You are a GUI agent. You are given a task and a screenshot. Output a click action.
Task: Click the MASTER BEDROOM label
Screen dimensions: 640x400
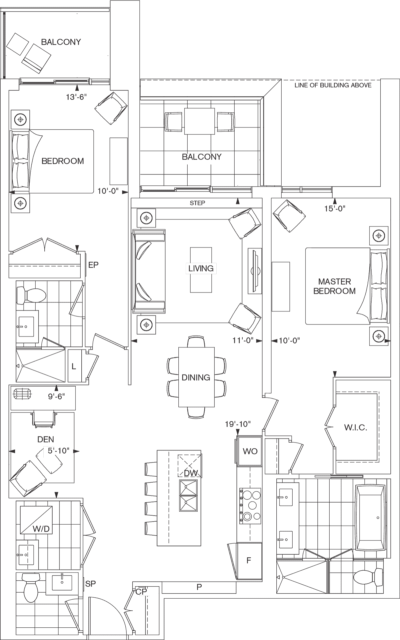tap(334, 286)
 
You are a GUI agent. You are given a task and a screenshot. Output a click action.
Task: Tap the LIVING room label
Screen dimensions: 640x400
tap(201, 268)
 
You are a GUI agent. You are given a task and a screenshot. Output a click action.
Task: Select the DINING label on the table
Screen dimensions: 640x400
tap(196, 377)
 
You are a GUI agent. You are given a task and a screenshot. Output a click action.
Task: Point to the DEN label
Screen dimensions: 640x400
tap(46, 439)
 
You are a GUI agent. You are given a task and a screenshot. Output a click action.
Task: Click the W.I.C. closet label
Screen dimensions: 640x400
tap(356, 428)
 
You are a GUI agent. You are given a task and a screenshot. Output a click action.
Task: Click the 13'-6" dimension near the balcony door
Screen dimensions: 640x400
tap(76, 97)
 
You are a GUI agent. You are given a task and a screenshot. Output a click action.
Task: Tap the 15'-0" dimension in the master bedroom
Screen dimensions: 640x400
tap(335, 208)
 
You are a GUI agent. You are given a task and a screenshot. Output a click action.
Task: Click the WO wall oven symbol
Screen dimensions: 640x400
tap(250, 451)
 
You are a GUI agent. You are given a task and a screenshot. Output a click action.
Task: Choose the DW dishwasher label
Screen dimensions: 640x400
tap(191, 473)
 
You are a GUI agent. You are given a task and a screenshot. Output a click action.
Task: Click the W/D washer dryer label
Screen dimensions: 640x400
tap(41, 529)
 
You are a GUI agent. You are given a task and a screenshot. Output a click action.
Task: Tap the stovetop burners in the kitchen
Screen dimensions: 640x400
tap(250, 505)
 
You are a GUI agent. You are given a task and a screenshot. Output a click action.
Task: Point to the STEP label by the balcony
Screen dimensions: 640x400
tap(197, 203)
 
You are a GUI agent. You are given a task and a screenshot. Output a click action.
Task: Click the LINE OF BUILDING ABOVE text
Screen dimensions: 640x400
tap(333, 85)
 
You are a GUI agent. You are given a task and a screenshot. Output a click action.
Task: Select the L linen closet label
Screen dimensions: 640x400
tap(74, 367)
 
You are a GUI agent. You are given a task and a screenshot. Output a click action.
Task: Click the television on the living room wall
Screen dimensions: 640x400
tap(255, 271)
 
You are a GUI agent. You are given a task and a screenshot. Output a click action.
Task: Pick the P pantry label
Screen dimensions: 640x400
tap(199, 587)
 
